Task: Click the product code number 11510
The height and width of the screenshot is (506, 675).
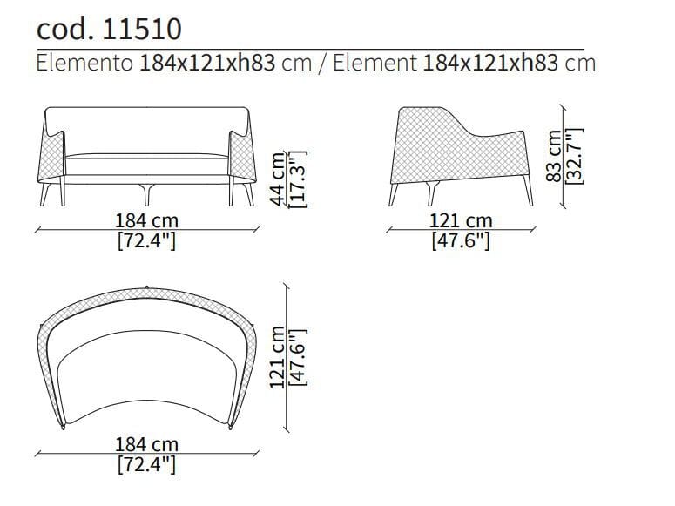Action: (143, 30)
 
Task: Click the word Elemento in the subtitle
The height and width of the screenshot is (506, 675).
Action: (84, 63)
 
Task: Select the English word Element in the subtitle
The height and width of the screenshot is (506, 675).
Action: (375, 63)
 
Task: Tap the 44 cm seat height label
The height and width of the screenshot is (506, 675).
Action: (278, 179)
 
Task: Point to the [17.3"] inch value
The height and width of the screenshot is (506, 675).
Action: (299, 179)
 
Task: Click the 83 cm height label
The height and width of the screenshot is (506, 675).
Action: (555, 156)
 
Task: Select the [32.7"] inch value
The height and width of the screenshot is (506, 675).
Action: (575, 156)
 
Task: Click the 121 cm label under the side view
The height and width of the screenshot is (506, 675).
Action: (461, 221)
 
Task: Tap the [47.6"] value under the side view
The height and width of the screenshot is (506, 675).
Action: (461, 240)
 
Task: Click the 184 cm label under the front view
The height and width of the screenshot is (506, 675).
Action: (147, 221)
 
